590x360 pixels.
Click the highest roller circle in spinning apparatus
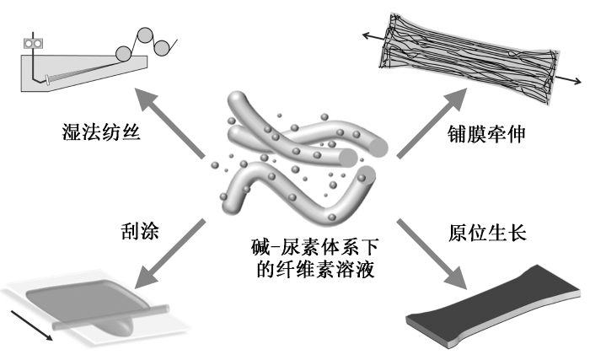pos(145,35)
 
